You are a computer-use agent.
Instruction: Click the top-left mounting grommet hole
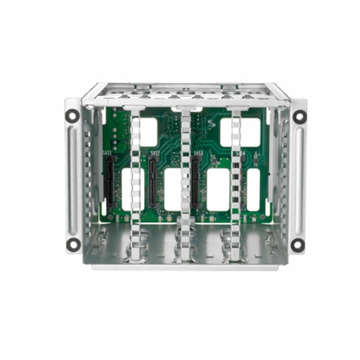73,115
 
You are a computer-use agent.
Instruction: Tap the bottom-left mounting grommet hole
73,244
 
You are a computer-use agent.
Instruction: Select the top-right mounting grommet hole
299,115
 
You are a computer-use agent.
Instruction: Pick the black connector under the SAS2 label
152,176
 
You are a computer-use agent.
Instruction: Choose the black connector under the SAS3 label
195,176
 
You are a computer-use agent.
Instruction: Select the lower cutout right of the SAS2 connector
174,189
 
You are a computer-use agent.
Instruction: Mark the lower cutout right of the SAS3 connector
218,189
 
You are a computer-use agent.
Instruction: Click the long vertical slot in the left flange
73,179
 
